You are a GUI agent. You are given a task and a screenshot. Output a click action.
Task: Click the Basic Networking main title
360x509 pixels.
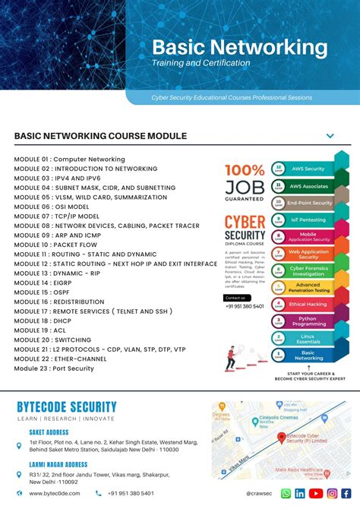(239, 47)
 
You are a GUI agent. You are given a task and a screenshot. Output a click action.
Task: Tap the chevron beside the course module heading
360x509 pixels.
(330, 136)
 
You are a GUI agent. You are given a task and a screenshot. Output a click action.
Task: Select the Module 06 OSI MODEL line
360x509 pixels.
(51, 207)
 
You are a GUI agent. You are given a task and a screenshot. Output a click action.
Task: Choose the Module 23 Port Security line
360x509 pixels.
(54, 368)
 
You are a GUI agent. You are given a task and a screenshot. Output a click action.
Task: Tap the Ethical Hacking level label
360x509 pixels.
(308, 305)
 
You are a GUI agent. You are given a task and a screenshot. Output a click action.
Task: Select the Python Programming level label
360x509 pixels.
(308, 321)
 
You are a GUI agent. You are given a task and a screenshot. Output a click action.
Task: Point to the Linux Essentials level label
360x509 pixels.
(308, 338)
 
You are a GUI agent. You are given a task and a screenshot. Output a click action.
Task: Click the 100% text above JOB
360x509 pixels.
(244, 170)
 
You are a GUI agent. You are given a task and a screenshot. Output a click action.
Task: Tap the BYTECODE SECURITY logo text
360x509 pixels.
(67, 407)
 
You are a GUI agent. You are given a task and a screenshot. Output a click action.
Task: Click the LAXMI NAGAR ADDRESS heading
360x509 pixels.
(58, 464)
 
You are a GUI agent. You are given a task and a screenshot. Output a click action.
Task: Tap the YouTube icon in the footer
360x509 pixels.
(316, 493)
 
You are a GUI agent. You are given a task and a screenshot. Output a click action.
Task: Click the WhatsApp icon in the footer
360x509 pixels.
(286, 493)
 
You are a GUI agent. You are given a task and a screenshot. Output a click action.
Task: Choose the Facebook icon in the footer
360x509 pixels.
(346, 493)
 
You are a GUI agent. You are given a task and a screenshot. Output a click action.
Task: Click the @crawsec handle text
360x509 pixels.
(259, 493)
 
